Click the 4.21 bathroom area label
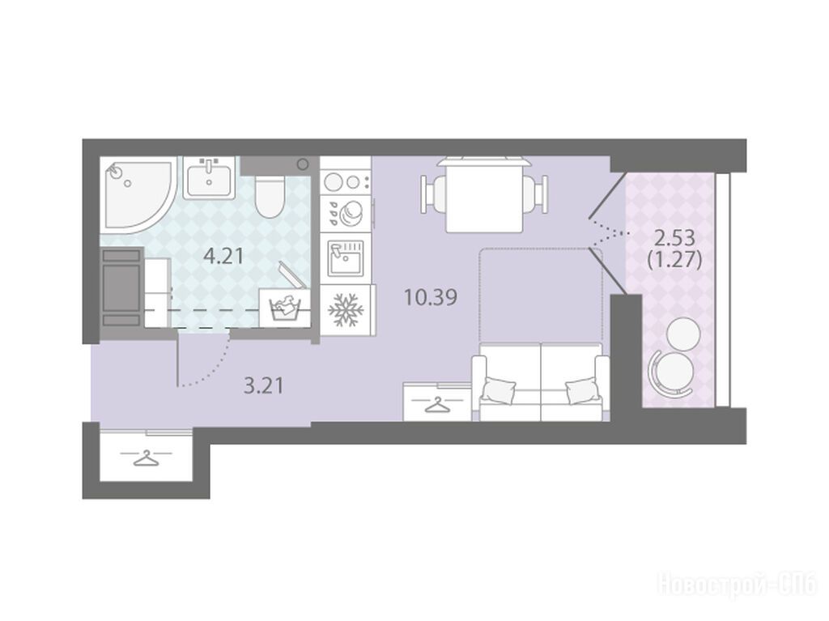223,257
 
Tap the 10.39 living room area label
431,297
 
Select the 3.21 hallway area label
264,385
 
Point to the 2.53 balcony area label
674,239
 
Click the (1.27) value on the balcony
674,260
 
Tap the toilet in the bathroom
270,196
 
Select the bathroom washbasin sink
210,178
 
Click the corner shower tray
136,196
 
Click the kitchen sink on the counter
346,257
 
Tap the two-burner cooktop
346,182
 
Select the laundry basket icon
285,307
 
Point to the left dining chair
434,194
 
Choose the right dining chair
535,194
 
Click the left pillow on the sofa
498,389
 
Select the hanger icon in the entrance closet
146,457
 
